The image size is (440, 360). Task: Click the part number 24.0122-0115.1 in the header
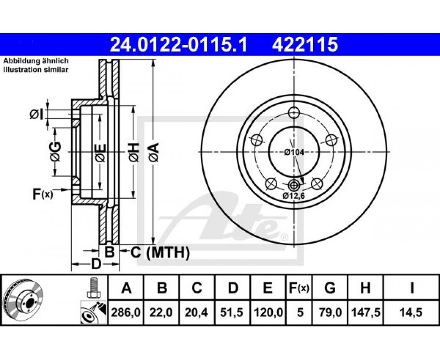click(178, 45)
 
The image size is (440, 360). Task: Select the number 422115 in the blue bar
click(305, 45)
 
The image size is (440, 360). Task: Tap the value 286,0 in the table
click(126, 312)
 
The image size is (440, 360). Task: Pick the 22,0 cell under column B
click(161, 312)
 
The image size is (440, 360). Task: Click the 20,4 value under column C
click(196, 312)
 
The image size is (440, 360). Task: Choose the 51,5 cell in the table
click(232, 312)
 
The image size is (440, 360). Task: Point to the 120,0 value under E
click(268, 312)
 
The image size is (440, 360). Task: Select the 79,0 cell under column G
click(330, 312)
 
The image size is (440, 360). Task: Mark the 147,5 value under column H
click(365, 312)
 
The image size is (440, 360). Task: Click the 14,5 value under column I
click(411, 312)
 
